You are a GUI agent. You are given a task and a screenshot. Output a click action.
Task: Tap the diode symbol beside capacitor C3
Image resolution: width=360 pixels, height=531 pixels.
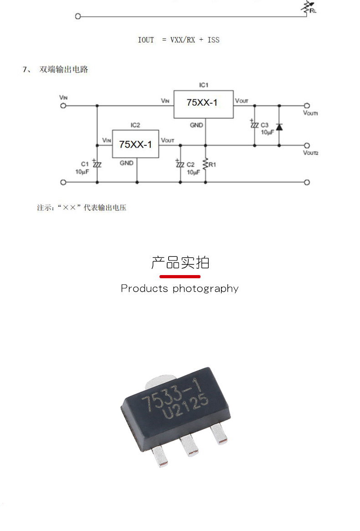coord(279,127)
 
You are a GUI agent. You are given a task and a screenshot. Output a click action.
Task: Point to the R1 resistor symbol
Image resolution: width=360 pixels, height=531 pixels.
coord(206,164)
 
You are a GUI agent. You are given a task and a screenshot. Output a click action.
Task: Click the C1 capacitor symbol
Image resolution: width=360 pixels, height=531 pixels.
coord(97,164)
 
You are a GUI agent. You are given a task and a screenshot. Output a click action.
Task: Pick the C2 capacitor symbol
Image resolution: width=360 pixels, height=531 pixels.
coord(180,164)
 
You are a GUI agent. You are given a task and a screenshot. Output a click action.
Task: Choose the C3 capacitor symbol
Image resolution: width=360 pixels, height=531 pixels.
coord(255,125)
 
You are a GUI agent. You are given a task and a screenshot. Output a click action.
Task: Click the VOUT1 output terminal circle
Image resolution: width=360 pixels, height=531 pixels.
coord(307,106)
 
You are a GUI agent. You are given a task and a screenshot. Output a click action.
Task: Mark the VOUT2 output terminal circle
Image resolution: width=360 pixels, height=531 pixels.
coord(307,146)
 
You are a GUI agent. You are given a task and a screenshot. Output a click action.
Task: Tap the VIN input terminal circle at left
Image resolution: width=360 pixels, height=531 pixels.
coord(63,106)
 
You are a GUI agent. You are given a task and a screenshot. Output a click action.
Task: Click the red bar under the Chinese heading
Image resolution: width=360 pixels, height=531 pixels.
coord(180,277)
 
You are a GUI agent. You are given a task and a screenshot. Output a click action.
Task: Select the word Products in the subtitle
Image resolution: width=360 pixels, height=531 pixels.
coord(144,288)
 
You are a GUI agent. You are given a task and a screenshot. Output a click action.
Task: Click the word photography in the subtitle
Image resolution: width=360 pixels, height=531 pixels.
coord(206,289)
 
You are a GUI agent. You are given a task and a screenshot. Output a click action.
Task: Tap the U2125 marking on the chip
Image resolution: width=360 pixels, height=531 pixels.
coord(185,406)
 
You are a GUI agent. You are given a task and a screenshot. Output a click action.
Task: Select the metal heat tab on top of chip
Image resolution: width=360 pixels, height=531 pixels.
coord(160,381)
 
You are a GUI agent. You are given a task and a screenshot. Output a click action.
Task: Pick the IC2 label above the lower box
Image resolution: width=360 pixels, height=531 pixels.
coord(135,125)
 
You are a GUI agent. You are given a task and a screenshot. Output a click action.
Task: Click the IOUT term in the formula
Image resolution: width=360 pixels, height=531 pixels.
coord(146,40)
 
